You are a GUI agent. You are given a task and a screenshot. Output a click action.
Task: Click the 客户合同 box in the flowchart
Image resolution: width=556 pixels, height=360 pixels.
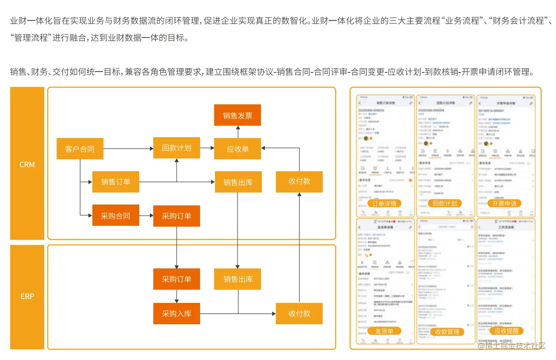80,149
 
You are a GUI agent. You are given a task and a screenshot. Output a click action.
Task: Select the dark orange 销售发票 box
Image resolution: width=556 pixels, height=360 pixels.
238,115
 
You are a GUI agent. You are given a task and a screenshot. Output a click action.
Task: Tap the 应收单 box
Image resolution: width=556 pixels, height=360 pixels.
238,149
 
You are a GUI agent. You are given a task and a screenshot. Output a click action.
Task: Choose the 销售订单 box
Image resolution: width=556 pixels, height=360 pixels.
116,182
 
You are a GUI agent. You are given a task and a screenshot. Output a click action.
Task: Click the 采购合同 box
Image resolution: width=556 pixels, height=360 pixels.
116,216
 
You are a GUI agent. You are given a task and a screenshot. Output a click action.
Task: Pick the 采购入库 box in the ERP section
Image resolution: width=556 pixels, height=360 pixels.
177,314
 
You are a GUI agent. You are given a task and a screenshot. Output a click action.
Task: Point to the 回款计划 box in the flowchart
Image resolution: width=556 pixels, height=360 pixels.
177,148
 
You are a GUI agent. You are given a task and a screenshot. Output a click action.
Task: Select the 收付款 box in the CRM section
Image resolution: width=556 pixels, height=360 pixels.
299,181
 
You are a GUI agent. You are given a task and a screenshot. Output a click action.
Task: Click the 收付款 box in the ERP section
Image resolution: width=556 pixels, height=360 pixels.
299,314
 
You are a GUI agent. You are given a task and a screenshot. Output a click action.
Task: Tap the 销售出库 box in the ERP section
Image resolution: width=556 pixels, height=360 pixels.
238,279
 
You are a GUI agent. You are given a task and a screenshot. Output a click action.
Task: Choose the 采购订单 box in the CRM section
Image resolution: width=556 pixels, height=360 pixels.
177,216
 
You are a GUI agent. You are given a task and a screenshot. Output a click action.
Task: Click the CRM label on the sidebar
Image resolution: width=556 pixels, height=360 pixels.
27,164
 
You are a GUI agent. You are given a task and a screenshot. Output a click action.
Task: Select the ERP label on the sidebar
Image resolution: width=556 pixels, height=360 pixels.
27,297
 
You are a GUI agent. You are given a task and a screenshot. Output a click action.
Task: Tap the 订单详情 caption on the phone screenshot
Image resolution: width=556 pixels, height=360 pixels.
384,204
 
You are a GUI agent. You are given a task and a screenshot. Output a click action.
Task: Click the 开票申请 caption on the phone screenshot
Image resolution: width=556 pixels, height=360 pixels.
504,204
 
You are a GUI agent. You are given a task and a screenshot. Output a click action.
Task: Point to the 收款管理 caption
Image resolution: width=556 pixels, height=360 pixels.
447,332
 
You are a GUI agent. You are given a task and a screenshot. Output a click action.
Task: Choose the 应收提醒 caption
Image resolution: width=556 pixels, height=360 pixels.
507,331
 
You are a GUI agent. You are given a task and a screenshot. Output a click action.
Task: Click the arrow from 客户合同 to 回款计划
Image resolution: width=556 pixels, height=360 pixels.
128,149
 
